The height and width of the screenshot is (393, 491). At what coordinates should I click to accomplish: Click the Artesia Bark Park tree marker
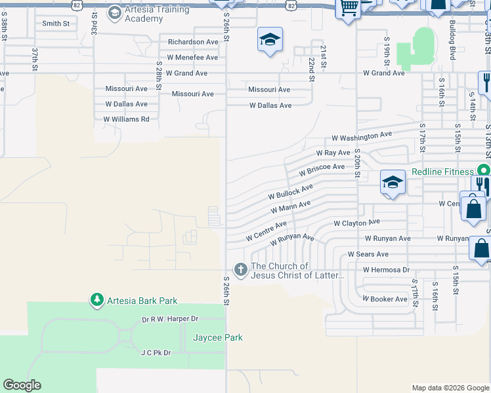pos(97,301)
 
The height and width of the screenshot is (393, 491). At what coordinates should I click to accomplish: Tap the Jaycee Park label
pos(218,338)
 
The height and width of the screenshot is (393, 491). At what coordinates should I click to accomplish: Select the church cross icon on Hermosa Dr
pos(240,269)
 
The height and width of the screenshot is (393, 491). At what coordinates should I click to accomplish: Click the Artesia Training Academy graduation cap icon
pos(115,12)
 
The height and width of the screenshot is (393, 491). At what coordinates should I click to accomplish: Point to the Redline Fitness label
pos(442,172)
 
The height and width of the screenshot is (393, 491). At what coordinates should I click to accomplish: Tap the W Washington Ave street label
pos(362,136)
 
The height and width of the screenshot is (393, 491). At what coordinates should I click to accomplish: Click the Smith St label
pos(56,24)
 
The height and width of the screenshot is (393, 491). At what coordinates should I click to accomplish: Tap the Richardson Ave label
pos(193,42)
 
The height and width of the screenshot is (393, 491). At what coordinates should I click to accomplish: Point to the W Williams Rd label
pos(127,119)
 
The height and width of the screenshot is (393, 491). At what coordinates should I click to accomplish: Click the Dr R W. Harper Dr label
pos(170,319)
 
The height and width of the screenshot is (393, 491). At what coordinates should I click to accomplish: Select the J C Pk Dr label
pos(156,352)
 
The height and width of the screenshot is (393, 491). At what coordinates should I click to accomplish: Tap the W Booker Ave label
pos(385,299)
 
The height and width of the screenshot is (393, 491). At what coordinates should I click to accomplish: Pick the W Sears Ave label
pos(368,254)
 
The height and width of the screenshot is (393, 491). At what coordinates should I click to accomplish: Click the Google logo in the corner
pos(22,385)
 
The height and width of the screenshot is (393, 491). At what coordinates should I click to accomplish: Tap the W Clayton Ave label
pos(356,223)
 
